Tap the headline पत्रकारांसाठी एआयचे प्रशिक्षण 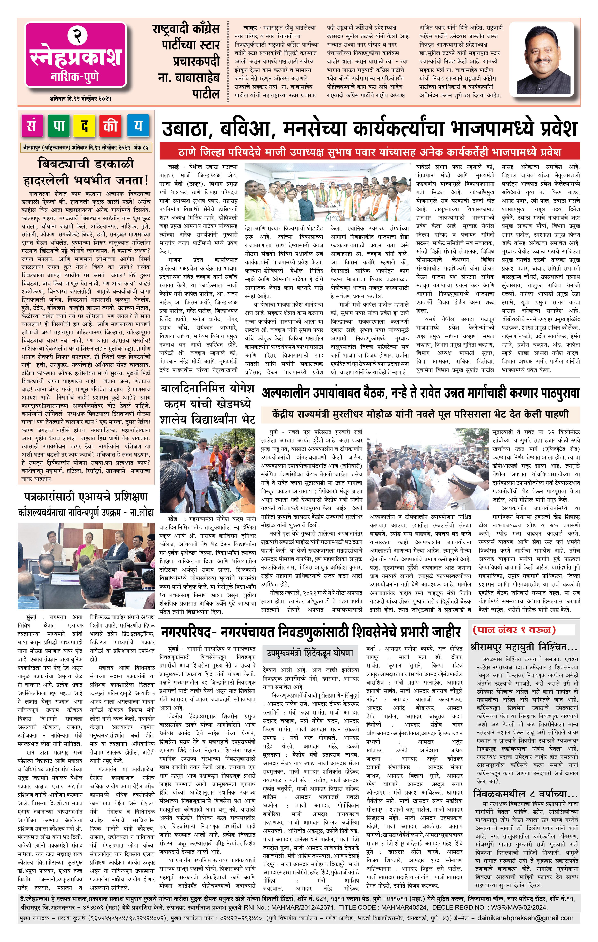click(86, 497)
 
